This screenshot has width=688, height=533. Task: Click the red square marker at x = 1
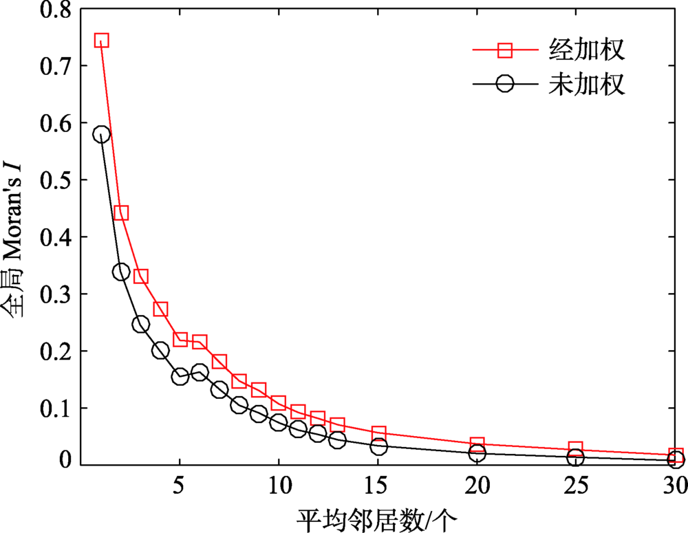[102, 40]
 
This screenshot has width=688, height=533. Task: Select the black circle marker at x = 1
[102, 134]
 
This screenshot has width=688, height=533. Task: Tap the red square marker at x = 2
[121, 213]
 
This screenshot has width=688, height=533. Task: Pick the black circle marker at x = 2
[121, 272]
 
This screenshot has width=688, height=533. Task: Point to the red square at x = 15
[378, 433]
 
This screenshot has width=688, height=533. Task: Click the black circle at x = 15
[378, 446]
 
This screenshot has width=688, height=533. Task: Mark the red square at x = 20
[477, 444]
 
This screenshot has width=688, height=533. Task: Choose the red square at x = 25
[576, 449]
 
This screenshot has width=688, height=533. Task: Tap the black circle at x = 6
[200, 373]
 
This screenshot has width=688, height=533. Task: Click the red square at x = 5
[180, 339]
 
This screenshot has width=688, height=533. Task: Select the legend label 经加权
[587, 50]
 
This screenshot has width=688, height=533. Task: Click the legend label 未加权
[587, 84]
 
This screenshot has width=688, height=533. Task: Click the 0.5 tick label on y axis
[54, 180]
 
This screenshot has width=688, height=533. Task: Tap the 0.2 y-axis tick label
[54, 351]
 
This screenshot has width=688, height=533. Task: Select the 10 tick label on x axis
[279, 488]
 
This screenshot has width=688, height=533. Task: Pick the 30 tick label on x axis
[674, 488]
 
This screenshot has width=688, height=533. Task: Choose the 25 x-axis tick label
[576, 488]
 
